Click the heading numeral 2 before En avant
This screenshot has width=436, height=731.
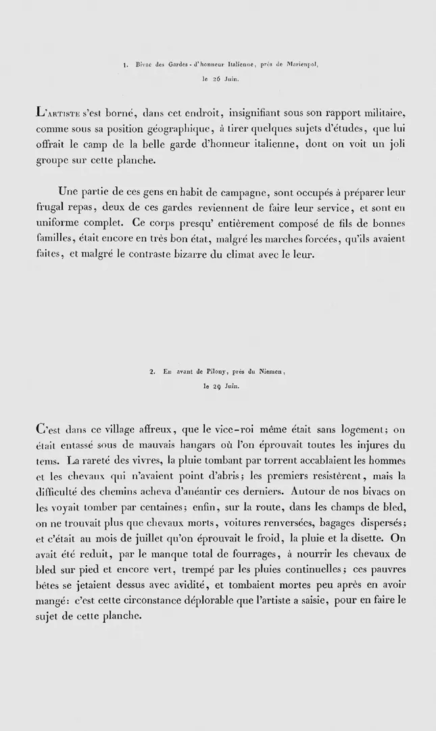154,372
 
